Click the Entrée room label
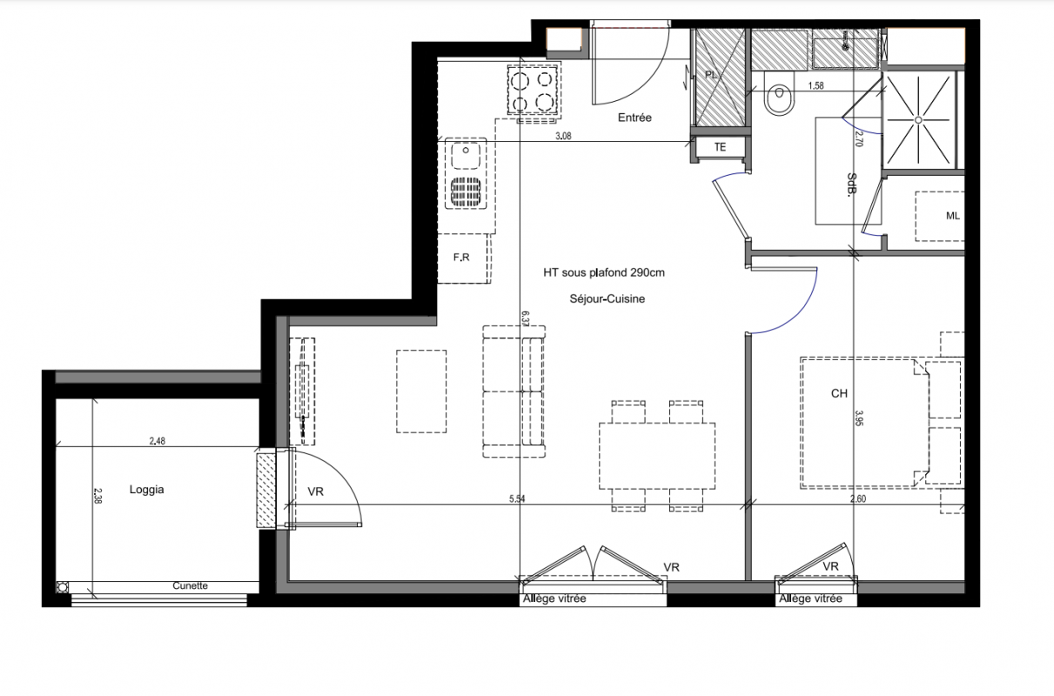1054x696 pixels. [634, 117]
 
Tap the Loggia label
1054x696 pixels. [146, 490]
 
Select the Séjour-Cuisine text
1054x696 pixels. [607, 298]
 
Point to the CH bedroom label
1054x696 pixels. [839, 393]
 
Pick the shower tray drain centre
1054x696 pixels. [918, 120]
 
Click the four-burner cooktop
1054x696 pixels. [534, 90]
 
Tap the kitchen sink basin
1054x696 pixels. [466, 156]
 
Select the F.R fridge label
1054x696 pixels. [461, 258]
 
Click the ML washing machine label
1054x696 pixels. [953, 216]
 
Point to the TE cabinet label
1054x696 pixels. [720, 147]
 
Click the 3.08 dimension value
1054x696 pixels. [563, 136]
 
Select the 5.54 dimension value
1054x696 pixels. [517, 499]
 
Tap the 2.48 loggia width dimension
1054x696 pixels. [158, 440]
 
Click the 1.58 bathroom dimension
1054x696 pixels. [816, 85]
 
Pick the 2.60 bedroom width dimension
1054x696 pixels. [858, 499]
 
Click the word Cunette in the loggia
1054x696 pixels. [190, 586]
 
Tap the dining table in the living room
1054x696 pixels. [657, 456]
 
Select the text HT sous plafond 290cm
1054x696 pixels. [604, 273]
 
